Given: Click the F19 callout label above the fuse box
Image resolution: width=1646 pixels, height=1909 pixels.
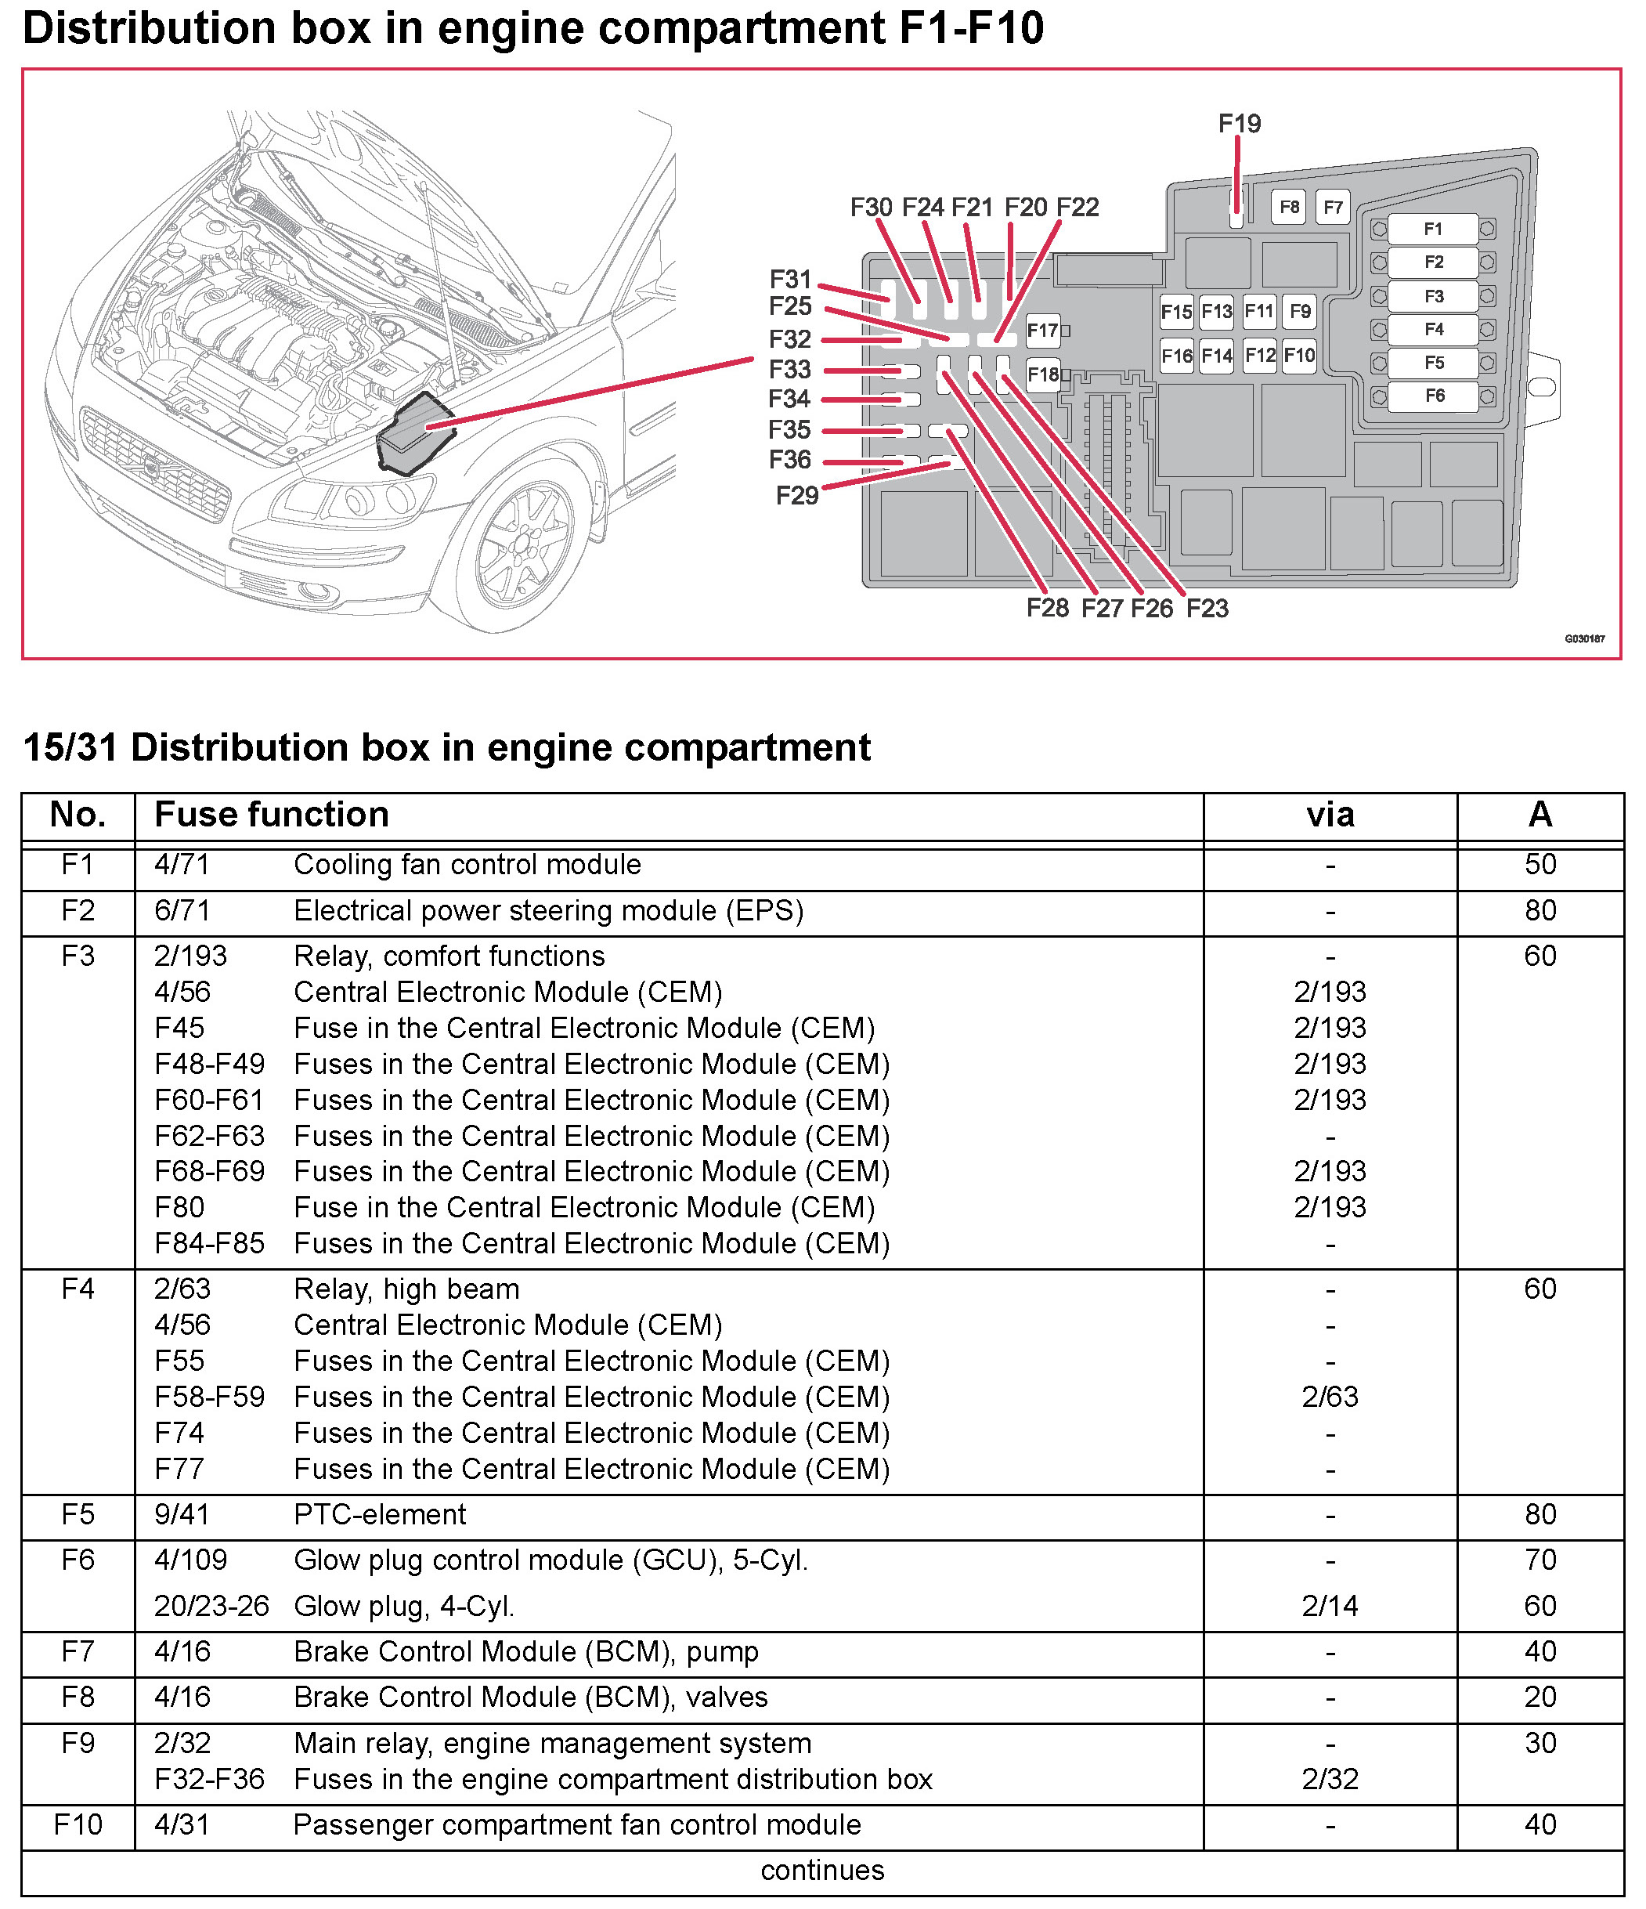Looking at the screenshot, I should [x=1239, y=124].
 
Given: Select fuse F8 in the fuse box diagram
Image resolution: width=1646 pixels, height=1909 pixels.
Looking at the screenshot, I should [x=1290, y=208].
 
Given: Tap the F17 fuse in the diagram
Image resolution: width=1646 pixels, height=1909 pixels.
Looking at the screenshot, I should [x=1043, y=330].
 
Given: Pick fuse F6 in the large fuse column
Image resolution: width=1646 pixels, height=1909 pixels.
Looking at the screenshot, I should [x=1434, y=396].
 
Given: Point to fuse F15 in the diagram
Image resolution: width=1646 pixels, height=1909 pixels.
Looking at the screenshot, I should [x=1176, y=312].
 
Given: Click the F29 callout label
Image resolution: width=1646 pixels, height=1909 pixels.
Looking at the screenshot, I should [x=796, y=496].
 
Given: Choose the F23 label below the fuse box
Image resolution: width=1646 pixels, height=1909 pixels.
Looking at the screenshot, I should [x=1207, y=608].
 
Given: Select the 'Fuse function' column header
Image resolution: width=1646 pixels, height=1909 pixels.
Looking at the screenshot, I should [x=272, y=815].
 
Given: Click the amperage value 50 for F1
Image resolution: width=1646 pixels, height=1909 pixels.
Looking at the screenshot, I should [x=1540, y=864].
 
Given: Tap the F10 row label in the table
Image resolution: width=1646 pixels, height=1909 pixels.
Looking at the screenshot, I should [x=78, y=1824].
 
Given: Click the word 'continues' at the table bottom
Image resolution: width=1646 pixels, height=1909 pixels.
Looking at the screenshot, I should [x=822, y=1871].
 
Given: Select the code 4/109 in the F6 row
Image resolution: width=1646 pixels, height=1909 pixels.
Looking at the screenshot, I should [x=190, y=1560].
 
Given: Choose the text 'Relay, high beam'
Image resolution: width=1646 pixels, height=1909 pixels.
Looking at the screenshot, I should [x=406, y=1289].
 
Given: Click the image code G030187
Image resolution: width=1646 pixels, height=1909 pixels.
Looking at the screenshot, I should [x=1584, y=638].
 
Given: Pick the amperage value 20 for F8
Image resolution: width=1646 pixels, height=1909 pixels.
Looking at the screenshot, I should [x=1540, y=1697].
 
